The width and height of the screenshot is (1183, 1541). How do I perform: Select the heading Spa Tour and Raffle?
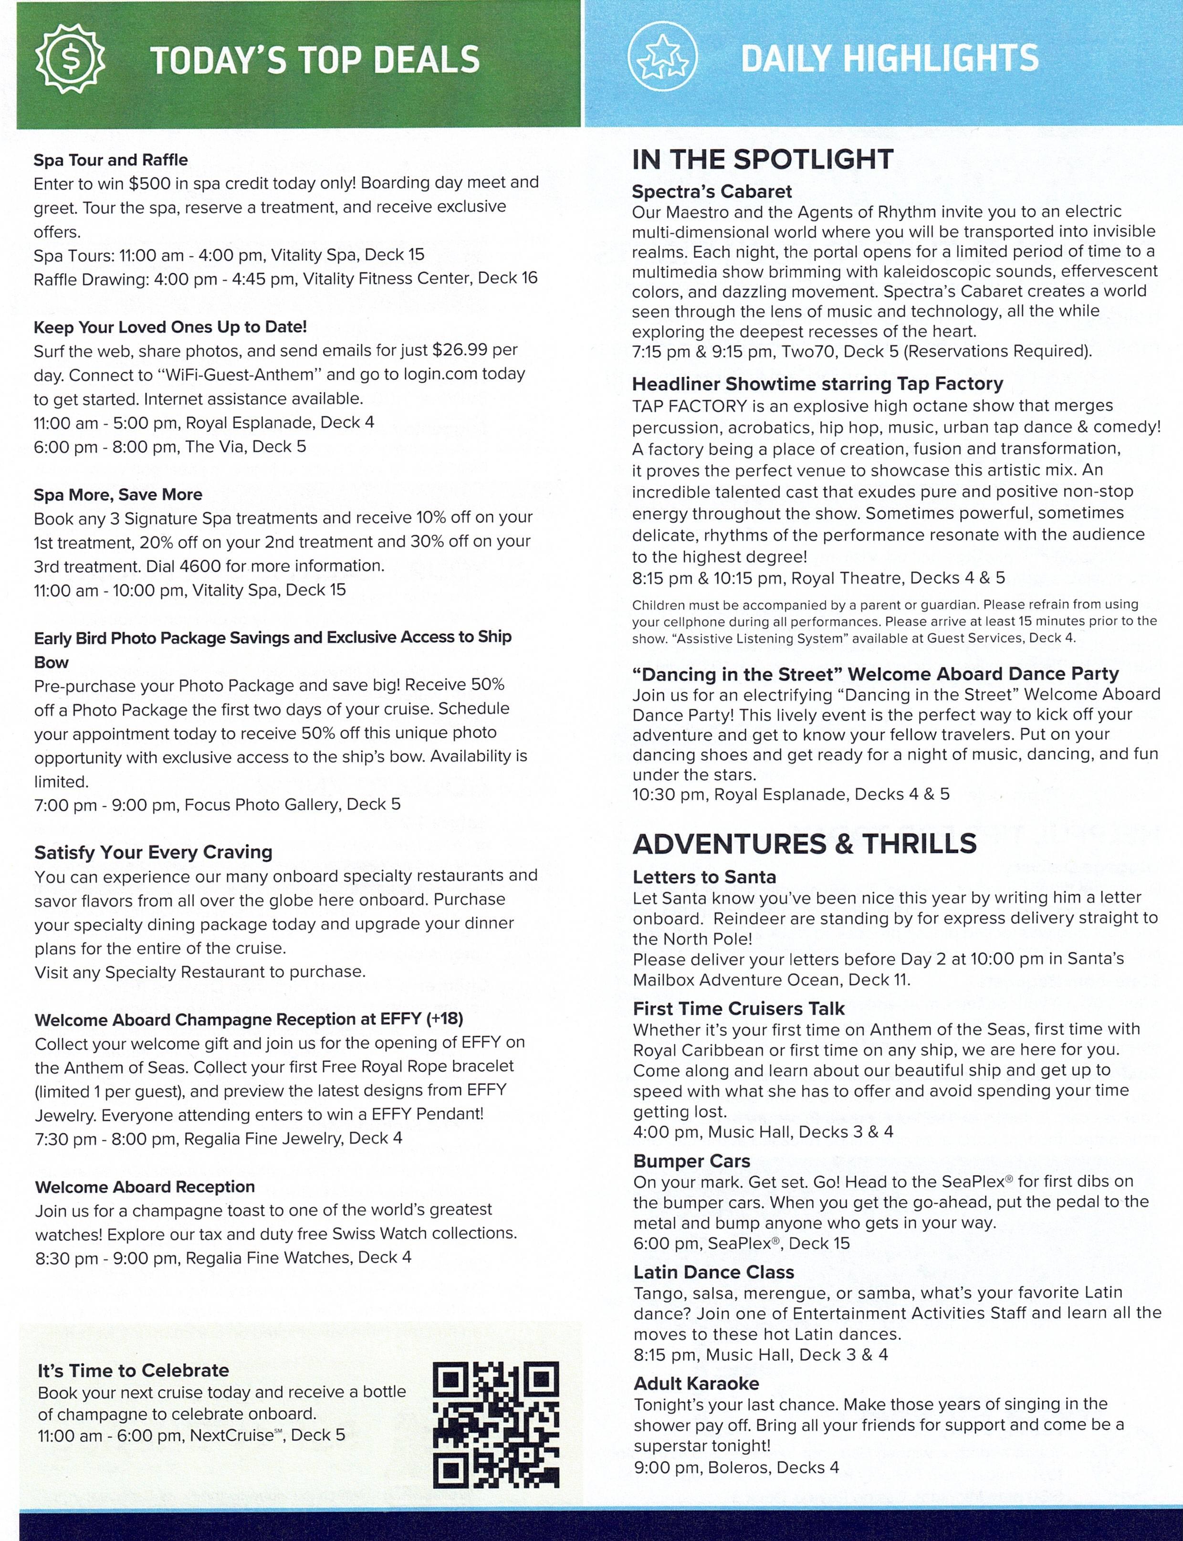point(111,160)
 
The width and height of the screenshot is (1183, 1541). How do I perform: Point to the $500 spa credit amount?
point(149,183)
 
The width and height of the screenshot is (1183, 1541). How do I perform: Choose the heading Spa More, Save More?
point(117,494)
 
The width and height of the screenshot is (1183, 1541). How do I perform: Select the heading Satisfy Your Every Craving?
point(154,852)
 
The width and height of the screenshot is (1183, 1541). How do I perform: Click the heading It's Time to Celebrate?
point(133,1370)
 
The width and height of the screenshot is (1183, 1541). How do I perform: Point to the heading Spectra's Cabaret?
point(711,191)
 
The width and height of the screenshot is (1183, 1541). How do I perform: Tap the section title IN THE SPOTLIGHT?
point(763,159)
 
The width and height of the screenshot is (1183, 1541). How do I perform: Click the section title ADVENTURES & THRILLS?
point(804,843)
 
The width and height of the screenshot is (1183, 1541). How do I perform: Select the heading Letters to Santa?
point(704,877)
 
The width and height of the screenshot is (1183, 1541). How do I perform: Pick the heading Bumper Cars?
point(691,1161)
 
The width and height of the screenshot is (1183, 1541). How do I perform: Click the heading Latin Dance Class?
point(713,1272)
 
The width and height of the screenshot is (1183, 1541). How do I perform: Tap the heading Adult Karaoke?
point(696,1383)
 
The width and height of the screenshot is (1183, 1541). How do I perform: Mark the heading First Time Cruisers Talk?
point(738,1008)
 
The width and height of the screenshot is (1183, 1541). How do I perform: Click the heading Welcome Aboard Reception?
point(145,1187)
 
